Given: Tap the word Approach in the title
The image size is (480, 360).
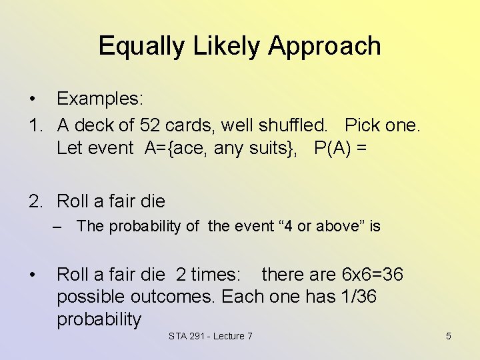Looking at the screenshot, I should tap(325, 46).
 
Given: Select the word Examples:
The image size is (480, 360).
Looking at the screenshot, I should tap(100, 99).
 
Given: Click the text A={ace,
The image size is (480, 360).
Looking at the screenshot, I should tap(177, 148).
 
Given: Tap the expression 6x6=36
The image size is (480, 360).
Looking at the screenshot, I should tap(372, 274).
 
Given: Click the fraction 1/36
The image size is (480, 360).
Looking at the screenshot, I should tap(357, 297).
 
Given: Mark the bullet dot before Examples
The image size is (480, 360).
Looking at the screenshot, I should tap(32, 99).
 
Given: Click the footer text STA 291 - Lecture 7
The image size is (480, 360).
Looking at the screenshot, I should tap(211, 336).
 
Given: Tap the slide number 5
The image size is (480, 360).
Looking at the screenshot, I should tap(448, 336).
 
